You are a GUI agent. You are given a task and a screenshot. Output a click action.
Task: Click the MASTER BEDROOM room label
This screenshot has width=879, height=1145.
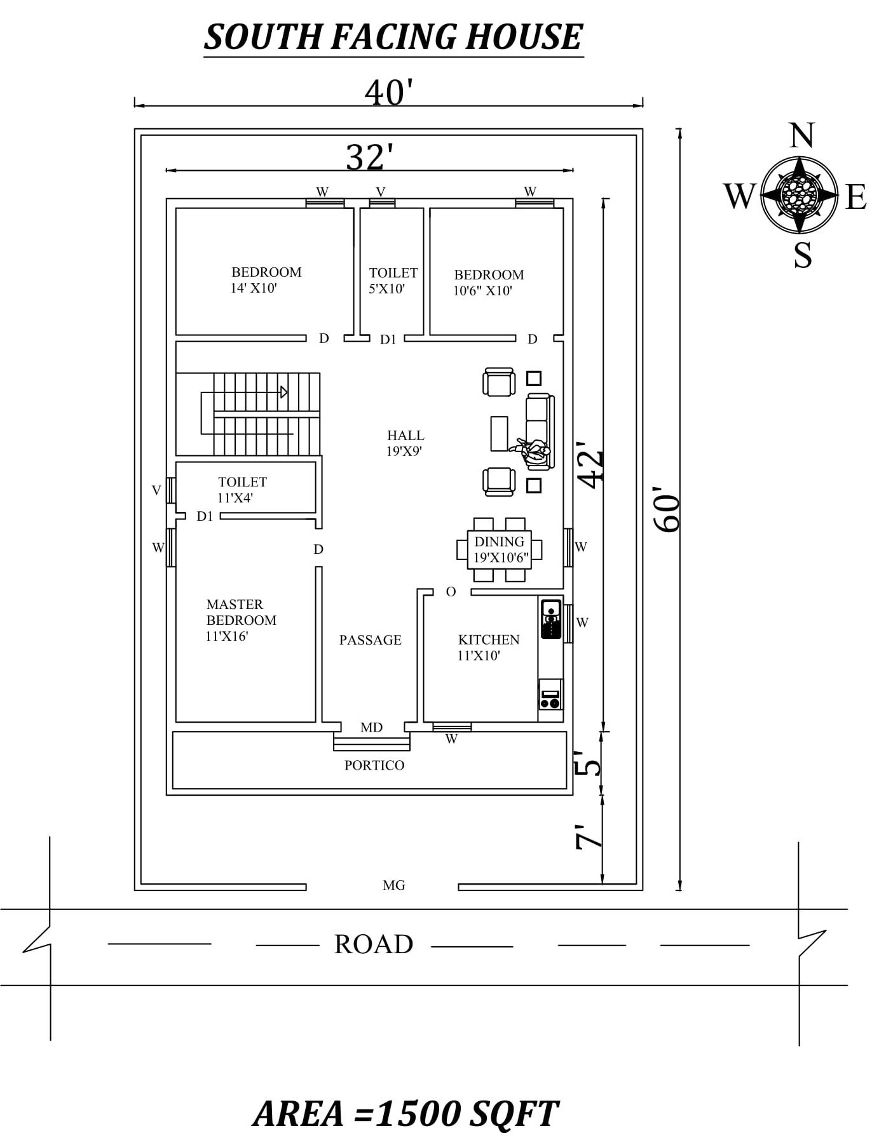coord(240,620)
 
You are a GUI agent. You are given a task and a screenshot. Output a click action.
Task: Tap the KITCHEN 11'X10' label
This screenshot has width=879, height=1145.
coord(488,647)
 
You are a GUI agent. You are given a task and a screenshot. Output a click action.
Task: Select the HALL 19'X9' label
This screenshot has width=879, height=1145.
coord(405,443)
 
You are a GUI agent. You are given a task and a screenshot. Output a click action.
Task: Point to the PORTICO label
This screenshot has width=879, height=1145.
coord(374,765)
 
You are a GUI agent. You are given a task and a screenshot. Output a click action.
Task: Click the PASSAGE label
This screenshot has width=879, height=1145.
coord(370,640)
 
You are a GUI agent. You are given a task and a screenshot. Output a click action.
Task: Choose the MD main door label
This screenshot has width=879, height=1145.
coord(371,727)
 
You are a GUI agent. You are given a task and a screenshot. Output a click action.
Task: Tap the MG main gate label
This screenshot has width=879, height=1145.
coord(394,885)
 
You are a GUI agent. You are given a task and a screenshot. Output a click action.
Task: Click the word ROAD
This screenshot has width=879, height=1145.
coord(374,944)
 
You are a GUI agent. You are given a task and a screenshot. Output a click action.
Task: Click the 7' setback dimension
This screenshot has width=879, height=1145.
coord(589,837)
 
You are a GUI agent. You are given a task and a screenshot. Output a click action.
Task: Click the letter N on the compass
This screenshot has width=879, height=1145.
coord(801,136)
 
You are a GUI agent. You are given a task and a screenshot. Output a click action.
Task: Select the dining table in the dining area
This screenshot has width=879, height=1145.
coord(500,549)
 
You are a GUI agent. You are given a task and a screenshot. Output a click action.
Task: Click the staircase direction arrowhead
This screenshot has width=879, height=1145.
coord(284,392)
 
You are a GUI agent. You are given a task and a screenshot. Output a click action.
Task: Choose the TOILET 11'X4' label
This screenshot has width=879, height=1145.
coord(242,490)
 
